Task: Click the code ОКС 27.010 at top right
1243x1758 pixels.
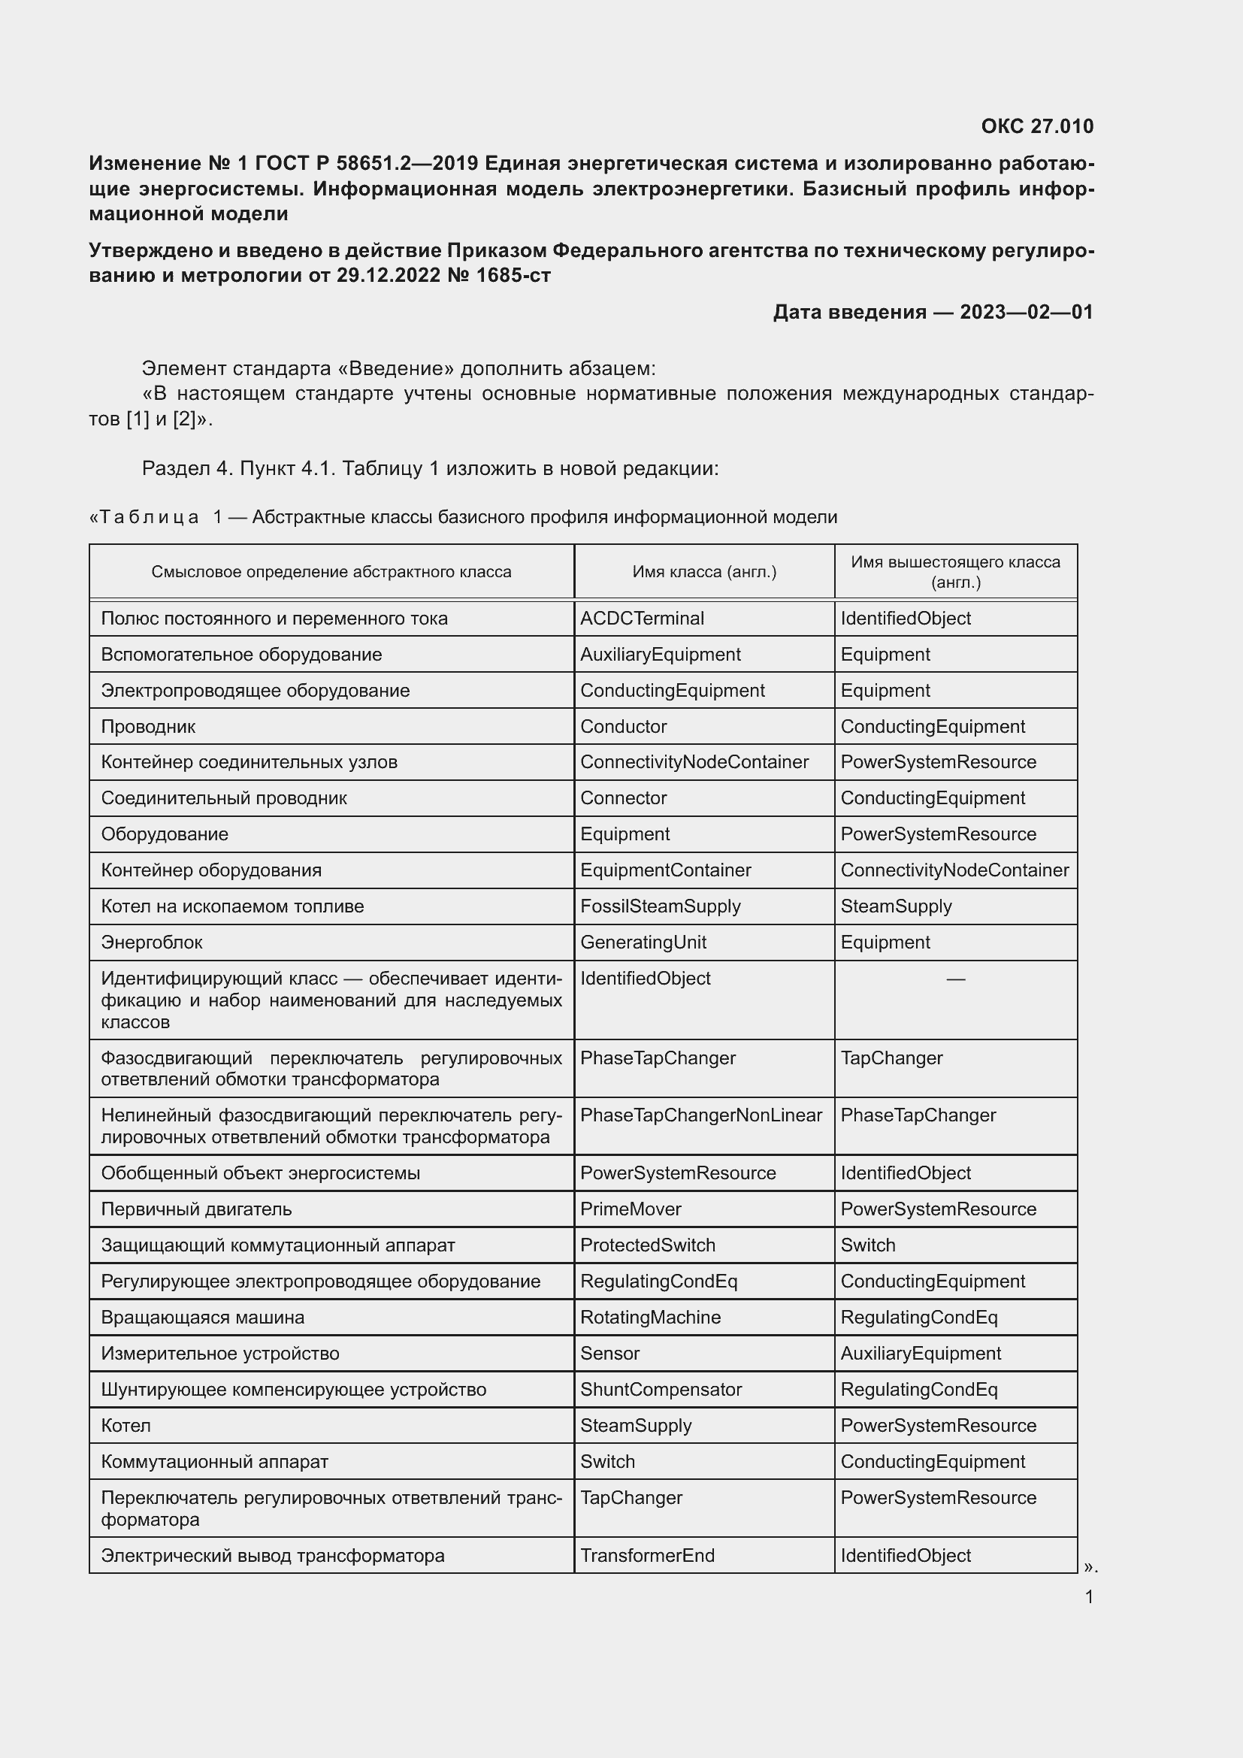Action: tap(1036, 126)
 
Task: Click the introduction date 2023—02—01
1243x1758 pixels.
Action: tap(1026, 313)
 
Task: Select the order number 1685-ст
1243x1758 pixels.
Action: tap(512, 276)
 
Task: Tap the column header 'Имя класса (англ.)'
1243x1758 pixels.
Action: tap(703, 572)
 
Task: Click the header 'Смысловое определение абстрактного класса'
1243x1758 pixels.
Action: tap(331, 572)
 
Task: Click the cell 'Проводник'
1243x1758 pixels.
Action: tap(149, 727)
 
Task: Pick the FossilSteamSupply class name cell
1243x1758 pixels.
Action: tap(660, 906)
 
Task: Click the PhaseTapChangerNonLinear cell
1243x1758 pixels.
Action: tap(700, 1115)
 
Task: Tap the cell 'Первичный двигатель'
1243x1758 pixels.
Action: tap(197, 1210)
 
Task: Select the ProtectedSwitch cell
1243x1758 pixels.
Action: tap(648, 1245)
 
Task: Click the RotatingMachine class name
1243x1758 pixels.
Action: tap(650, 1318)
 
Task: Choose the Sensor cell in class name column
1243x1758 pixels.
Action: tap(609, 1354)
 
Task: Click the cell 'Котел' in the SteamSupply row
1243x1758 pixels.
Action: tap(126, 1426)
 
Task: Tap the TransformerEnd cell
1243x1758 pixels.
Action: tap(647, 1556)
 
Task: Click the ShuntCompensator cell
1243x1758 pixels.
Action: tap(661, 1390)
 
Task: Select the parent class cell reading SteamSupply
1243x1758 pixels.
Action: tap(896, 906)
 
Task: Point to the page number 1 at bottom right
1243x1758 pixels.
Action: tap(1088, 1597)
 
